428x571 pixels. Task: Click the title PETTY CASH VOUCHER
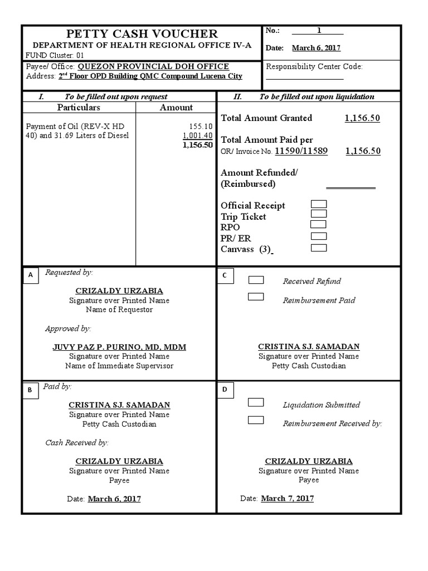[x=142, y=34]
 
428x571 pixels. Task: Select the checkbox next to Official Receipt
[x=319, y=205]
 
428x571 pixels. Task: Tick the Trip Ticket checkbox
[x=319, y=214]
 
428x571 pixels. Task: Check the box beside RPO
[x=319, y=224]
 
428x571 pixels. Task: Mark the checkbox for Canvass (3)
[x=319, y=248]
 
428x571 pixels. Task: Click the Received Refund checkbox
[x=256, y=280]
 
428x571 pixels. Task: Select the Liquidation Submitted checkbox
[x=256, y=402]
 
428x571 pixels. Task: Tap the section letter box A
[x=31, y=275]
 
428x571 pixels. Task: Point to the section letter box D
[x=225, y=390]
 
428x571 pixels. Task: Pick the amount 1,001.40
[x=198, y=136]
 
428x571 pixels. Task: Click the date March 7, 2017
[x=287, y=498]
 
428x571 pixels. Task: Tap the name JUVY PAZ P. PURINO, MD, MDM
[x=119, y=347]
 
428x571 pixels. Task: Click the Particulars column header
[x=79, y=107]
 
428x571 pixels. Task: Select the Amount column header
[x=176, y=107]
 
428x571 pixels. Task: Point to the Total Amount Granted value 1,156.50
[x=362, y=118]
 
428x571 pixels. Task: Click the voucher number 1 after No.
[x=319, y=31]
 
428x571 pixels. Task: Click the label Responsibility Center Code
[x=314, y=66]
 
